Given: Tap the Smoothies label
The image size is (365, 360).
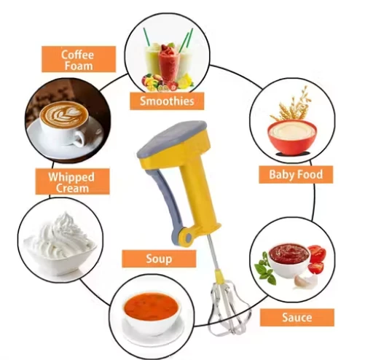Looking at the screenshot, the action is [167, 101].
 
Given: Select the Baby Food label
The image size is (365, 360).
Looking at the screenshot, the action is [296, 174].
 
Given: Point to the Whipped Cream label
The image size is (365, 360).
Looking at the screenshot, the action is [72, 181].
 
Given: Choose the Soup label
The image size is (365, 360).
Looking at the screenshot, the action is [159, 259].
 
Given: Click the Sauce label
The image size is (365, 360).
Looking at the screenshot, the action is [297, 318].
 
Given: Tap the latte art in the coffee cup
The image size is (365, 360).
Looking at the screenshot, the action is [64, 114].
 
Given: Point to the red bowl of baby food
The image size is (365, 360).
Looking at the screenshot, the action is [292, 137].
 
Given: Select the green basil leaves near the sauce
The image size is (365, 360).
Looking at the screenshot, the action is [264, 268].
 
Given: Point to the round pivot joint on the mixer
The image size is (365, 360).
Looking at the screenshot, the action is [188, 238].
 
